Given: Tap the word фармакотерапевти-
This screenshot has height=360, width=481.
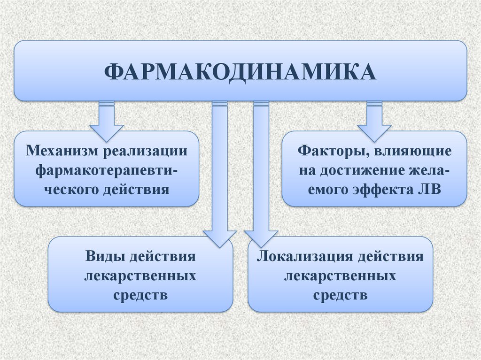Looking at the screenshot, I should point(107,170).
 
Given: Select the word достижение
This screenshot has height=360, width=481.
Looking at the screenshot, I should point(363,171).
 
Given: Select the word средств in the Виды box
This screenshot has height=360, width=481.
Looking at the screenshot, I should point(141,295).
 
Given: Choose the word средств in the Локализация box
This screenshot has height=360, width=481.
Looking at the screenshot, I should point(341,295).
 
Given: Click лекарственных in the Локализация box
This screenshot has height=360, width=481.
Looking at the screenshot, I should point(341,276).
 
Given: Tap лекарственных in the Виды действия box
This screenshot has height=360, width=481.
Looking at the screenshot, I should point(140,276).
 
